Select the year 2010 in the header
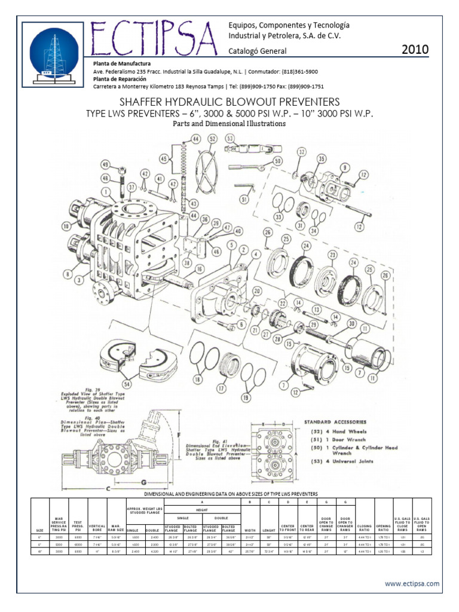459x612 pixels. point(415,50)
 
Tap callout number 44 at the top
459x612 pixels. point(195,139)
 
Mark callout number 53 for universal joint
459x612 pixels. point(231,139)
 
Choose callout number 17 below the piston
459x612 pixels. point(222,388)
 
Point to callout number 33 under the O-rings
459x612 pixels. point(279,217)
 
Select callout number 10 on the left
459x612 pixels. point(66,225)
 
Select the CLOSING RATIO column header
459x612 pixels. point(364,526)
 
